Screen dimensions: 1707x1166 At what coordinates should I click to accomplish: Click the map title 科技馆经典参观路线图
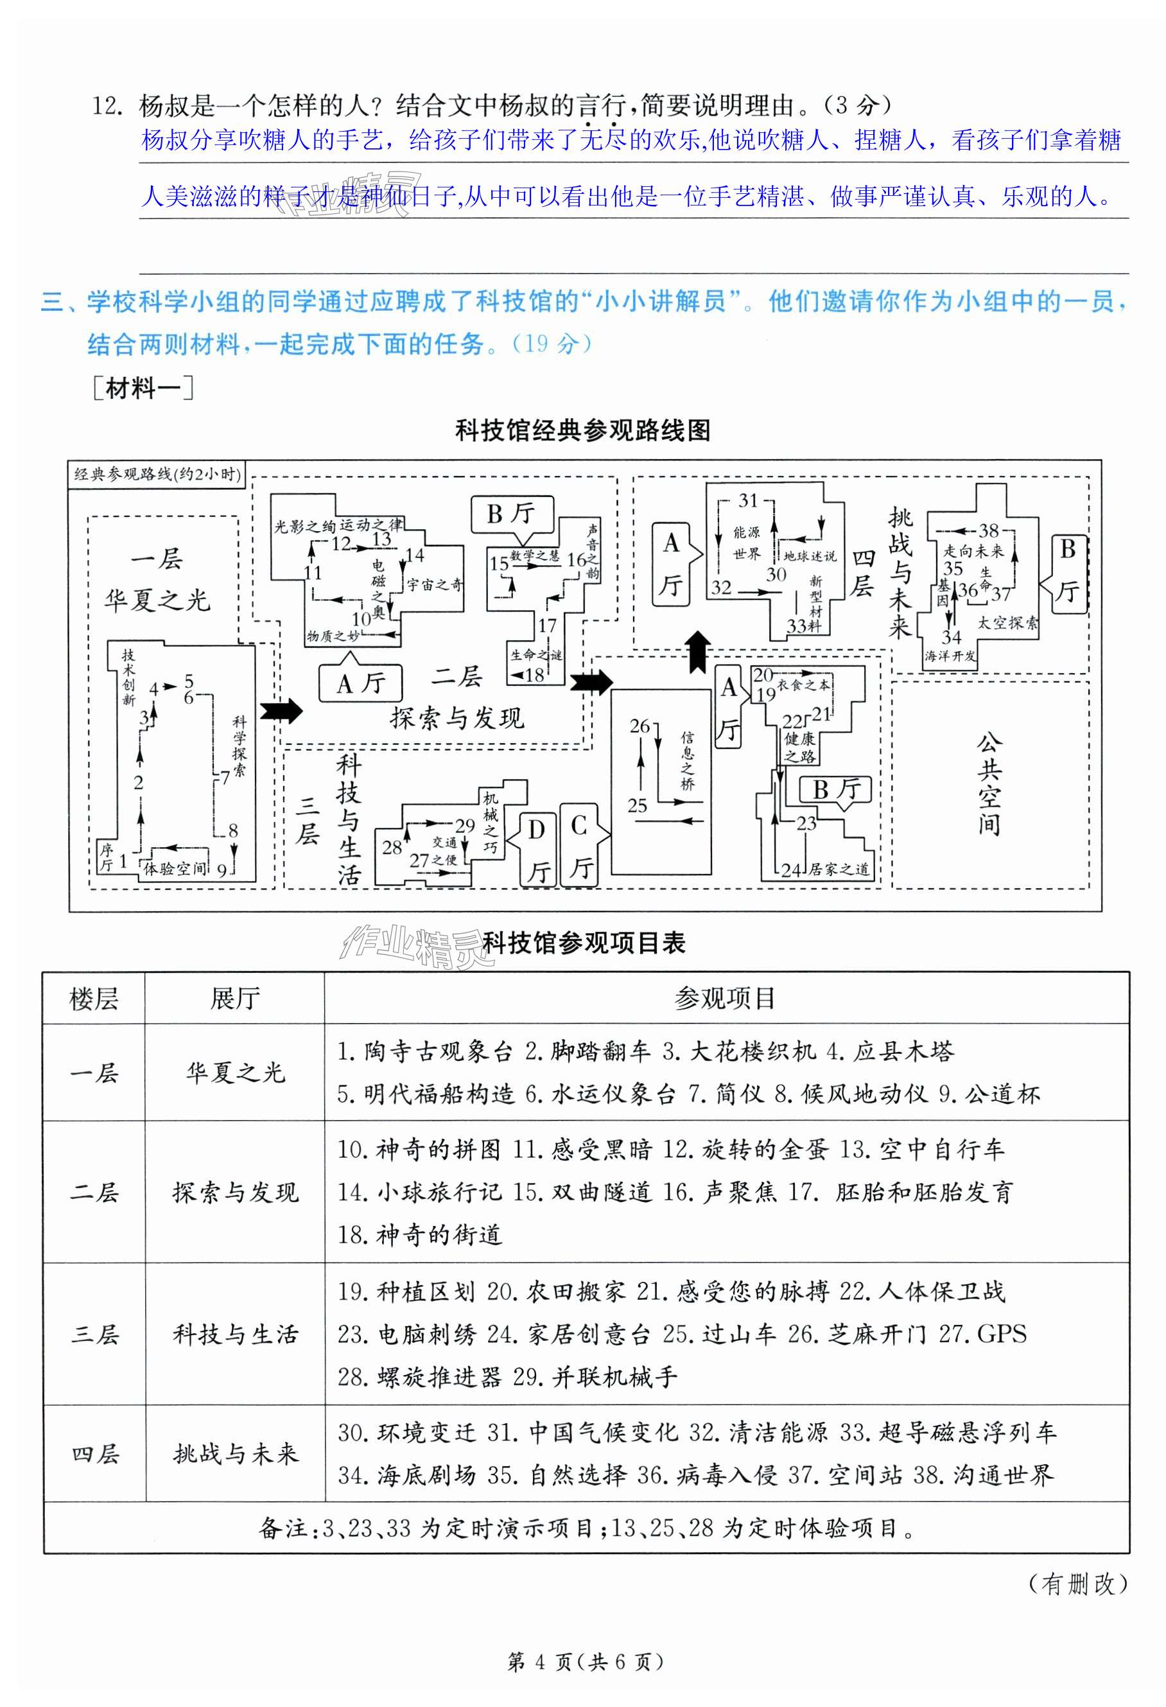tap(583, 430)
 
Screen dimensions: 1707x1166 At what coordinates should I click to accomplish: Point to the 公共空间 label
tap(988, 783)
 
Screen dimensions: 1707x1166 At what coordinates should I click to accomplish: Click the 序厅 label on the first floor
tap(107, 858)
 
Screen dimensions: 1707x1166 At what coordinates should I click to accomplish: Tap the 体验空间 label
tap(175, 869)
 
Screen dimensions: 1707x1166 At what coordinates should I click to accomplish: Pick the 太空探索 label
tap(1007, 624)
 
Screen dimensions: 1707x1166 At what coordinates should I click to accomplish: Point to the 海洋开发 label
tap(950, 656)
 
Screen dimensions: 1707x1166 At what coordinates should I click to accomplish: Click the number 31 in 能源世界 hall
tap(747, 500)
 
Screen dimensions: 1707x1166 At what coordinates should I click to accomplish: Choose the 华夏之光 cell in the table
tap(235, 1073)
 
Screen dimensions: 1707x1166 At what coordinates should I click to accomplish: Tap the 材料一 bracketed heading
tap(143, 388)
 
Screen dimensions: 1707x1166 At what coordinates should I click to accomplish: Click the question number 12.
tap(106, 106)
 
